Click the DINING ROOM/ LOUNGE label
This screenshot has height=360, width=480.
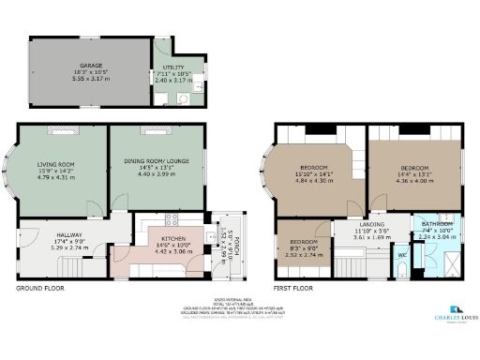point(157,162)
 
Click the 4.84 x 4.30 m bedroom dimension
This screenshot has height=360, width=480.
point(316,179)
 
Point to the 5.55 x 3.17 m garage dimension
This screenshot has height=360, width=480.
point(90,80)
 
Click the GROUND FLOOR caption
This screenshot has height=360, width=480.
point(38,289)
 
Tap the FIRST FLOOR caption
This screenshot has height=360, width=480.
point(292,289)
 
